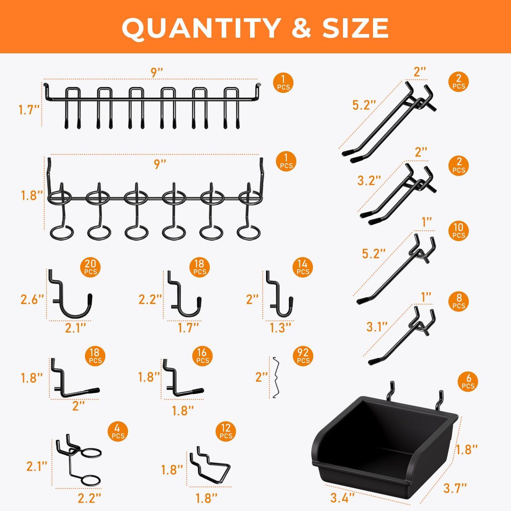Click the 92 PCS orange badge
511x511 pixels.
[303, 356]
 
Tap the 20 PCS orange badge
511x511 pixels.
[90, 267]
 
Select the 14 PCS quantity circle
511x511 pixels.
[303, 267]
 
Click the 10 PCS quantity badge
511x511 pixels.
[458, 231]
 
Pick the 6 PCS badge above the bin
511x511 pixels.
[468, 381]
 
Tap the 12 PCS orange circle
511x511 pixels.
[226, 431]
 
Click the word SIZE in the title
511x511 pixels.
[356, 28]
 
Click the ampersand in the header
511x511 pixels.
[301, 28]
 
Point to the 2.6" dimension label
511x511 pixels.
[32, 299]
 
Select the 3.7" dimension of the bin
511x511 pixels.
[455, 488]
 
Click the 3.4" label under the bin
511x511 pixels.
[342, 498]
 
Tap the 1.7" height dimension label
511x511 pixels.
[29, 110]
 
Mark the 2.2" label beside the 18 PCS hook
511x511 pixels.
[150, 299]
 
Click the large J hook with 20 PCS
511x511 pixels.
[72, 297]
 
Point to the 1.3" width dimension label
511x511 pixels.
[280, 327]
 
